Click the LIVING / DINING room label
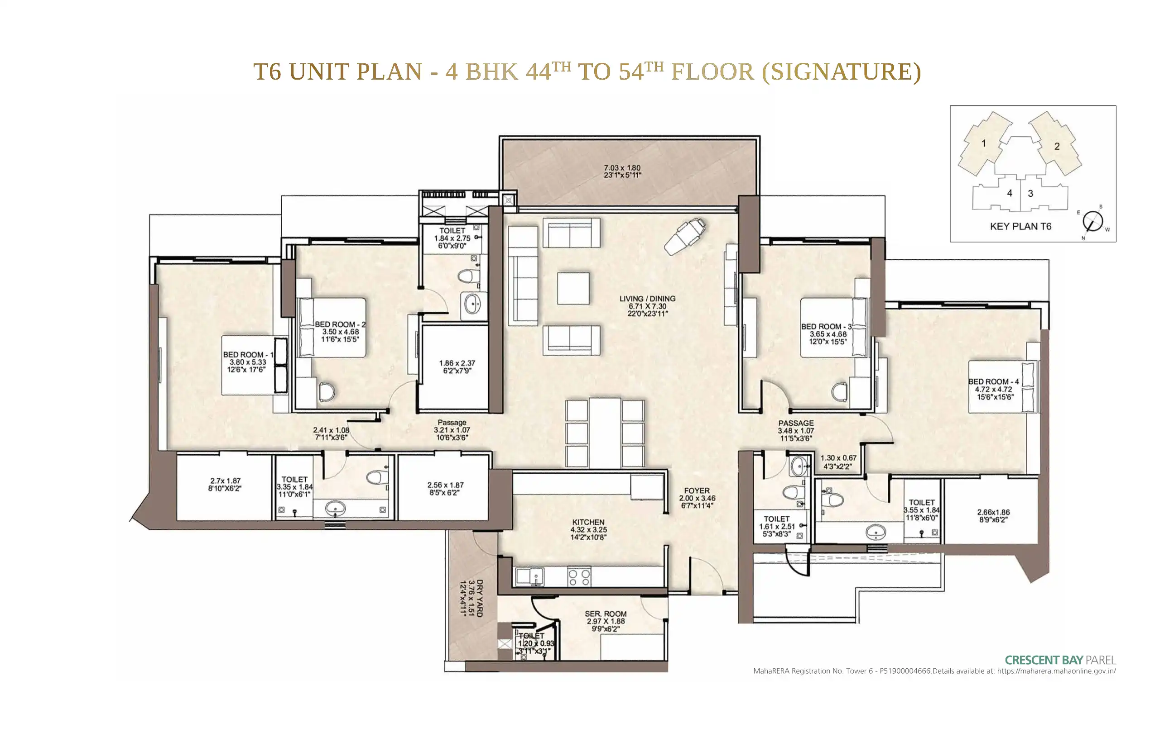coord(647,299)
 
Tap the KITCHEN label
coord(588,522)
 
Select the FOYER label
coord(697,490)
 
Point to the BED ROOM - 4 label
coord(994,381)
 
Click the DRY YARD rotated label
coord(479,598)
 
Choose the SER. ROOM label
coord(606,614)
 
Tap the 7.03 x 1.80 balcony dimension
coord(622,168)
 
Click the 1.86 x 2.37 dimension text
coord(457,363)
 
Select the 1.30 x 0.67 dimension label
coord(838,457)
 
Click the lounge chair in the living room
coord(684,236)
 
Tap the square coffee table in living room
coord(573,289)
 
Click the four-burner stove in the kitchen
coord(579,577)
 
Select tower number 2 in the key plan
coord(1057,147)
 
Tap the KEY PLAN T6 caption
coord(1021,226)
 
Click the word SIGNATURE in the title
coord(841,72)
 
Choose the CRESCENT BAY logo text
coord(1044,660)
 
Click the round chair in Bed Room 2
coord(327,391)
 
